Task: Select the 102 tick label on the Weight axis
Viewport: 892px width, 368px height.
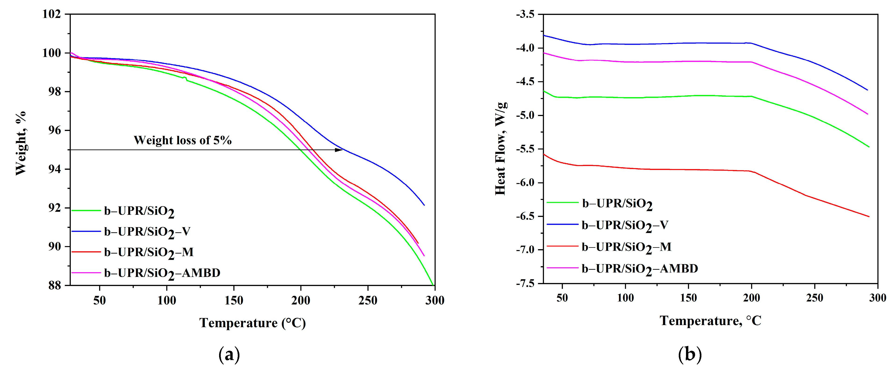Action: pos(51,14)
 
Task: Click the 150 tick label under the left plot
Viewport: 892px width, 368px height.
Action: pos(234,300)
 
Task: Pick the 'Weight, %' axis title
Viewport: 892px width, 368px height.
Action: pos(21,143)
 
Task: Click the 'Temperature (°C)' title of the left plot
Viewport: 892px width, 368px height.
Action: pos(252,323)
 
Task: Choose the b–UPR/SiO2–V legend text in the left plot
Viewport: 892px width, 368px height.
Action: pos(147,232)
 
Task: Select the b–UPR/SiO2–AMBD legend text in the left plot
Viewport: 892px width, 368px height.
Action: pos(162,273)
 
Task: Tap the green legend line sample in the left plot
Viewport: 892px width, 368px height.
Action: pos(86,210)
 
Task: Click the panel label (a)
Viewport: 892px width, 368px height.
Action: pos(229,354)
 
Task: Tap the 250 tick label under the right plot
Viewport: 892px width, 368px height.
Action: pos(814,298)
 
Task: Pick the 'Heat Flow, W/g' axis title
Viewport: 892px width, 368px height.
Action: pos(501,149)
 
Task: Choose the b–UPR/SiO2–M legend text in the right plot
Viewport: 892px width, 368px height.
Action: pos(626,247)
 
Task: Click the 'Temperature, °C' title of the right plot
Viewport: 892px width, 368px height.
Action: pos(710,321)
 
